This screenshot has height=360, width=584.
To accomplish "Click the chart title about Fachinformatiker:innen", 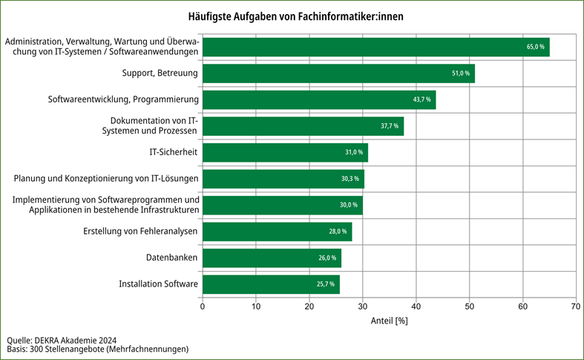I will point(292,16).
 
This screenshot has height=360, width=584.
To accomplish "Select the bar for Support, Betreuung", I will point(338,73).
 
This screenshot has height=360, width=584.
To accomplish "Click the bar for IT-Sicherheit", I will point(285,152).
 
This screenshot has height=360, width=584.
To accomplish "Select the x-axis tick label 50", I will point(469,305).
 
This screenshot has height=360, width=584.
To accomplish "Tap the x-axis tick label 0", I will point(203,305).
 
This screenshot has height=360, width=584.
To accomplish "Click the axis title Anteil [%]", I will point(389,321).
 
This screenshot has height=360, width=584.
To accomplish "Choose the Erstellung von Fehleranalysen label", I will point(140,232).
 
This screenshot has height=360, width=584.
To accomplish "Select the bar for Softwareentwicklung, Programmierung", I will point(319,100).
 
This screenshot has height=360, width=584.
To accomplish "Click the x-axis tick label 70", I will point(575,305).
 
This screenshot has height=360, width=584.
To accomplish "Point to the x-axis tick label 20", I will point(309,305).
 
